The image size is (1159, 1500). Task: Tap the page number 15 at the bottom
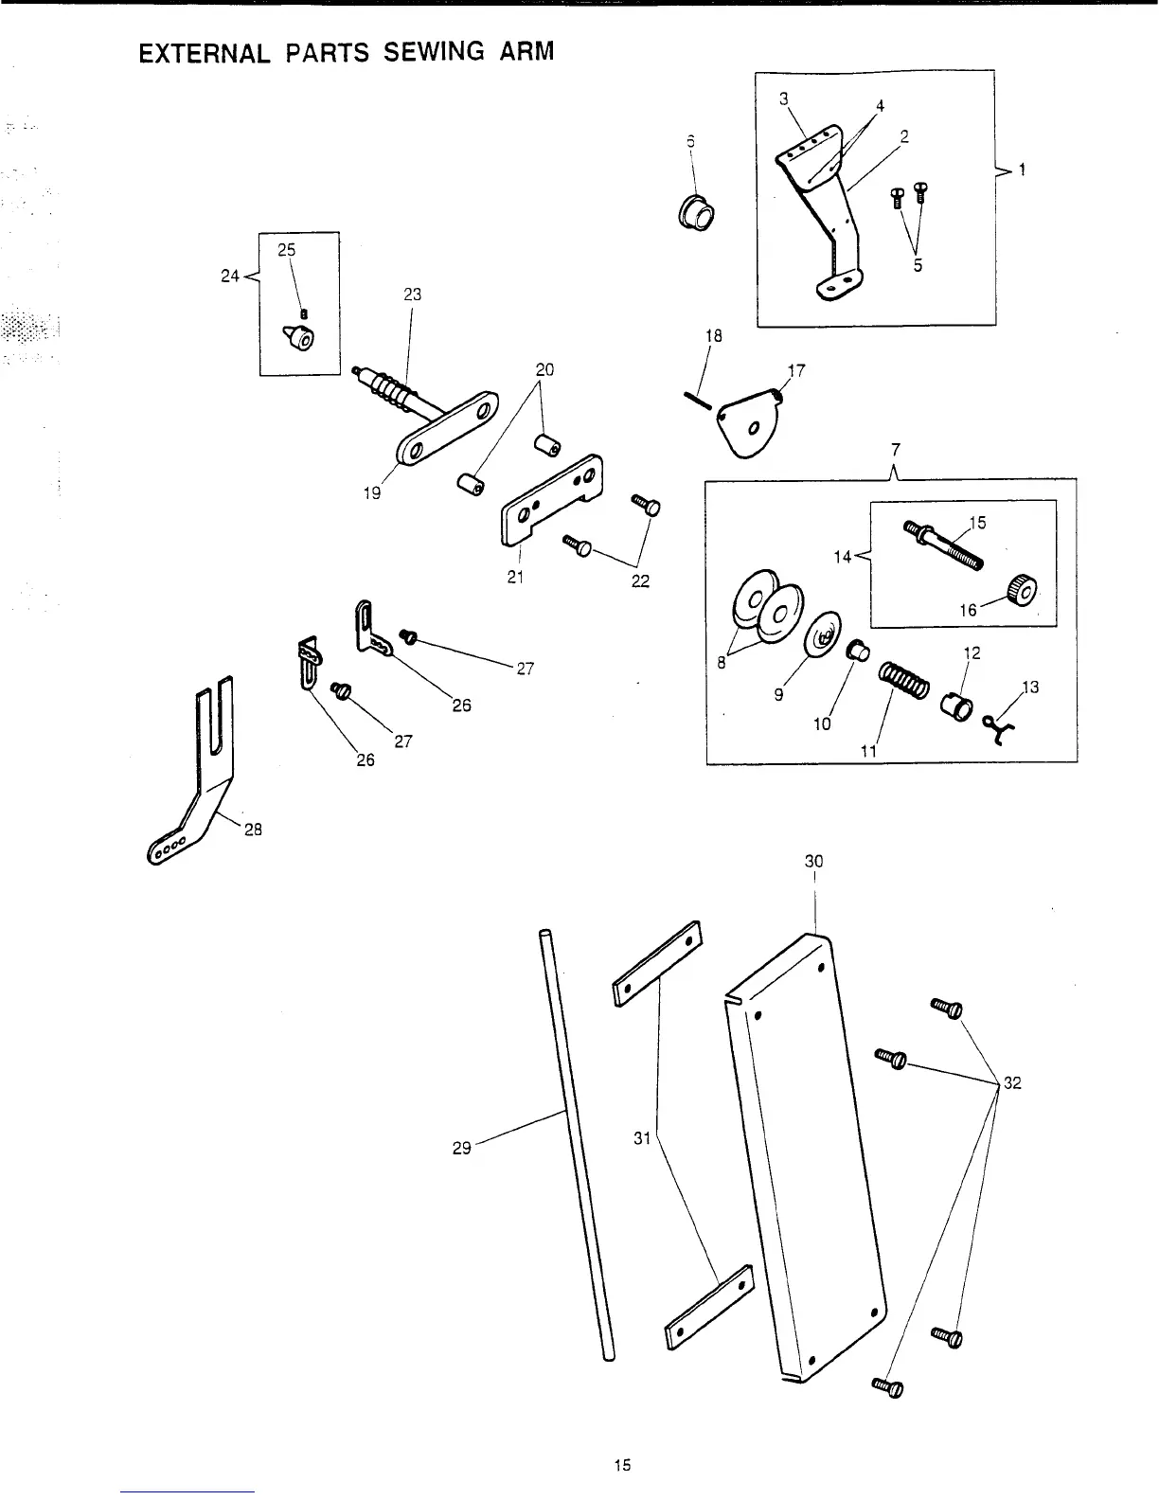621,1465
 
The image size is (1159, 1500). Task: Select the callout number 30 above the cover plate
813,861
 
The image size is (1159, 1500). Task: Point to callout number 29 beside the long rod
462,1149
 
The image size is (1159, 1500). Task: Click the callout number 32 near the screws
1011,1083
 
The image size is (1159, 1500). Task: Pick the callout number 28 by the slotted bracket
253,830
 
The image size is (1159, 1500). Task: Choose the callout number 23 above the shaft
413,295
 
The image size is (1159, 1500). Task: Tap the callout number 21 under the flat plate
515,577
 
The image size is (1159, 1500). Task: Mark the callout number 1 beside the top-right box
1022,170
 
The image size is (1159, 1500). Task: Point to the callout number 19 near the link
372,492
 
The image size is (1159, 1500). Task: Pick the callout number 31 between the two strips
642,1138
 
